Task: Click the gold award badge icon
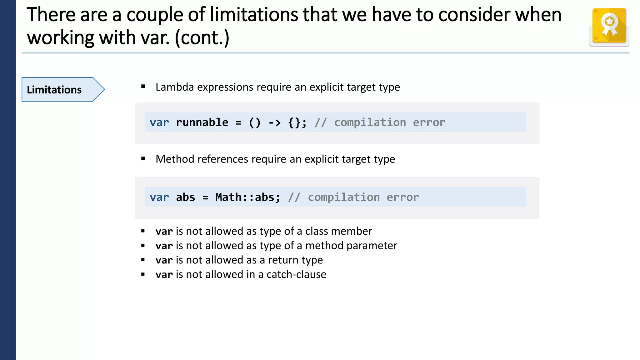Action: point(609,26)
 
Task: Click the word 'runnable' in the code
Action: point(202,122)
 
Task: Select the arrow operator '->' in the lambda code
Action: point(274,122)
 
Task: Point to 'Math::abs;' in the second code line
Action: point(248,197)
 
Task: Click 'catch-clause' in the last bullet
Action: point(296,274)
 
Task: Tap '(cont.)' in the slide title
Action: point(202,38)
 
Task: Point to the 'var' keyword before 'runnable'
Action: point(159,122)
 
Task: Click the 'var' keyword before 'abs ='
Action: point(159,197)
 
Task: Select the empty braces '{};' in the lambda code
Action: point(297,122)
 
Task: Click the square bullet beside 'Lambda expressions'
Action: point(143,87)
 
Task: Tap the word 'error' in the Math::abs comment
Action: point(402,197)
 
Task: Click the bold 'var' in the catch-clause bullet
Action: point(164,274)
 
